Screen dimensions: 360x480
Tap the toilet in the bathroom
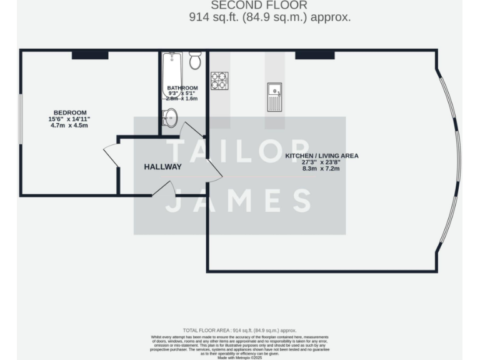pos(195,60)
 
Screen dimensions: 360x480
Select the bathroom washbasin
pos(170,117)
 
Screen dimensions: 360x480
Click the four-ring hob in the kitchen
pos(219,81)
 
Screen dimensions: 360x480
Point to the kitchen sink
pos(274,97)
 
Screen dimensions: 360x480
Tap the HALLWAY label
pos(162,167)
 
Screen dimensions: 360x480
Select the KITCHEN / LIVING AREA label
pos(322,156)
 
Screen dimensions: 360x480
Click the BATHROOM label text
pos(182,87)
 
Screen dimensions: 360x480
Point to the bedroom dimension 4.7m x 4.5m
pos(69,126)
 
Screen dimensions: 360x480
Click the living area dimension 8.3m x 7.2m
pos(321,169)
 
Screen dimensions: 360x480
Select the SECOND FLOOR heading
pos(269,5)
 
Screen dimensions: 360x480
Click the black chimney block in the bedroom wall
pos(90,55)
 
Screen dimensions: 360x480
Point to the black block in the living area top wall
pos(314,55)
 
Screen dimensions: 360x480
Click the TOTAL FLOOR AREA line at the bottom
pos(239,330)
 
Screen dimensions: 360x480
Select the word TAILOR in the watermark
pos(239,152)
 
